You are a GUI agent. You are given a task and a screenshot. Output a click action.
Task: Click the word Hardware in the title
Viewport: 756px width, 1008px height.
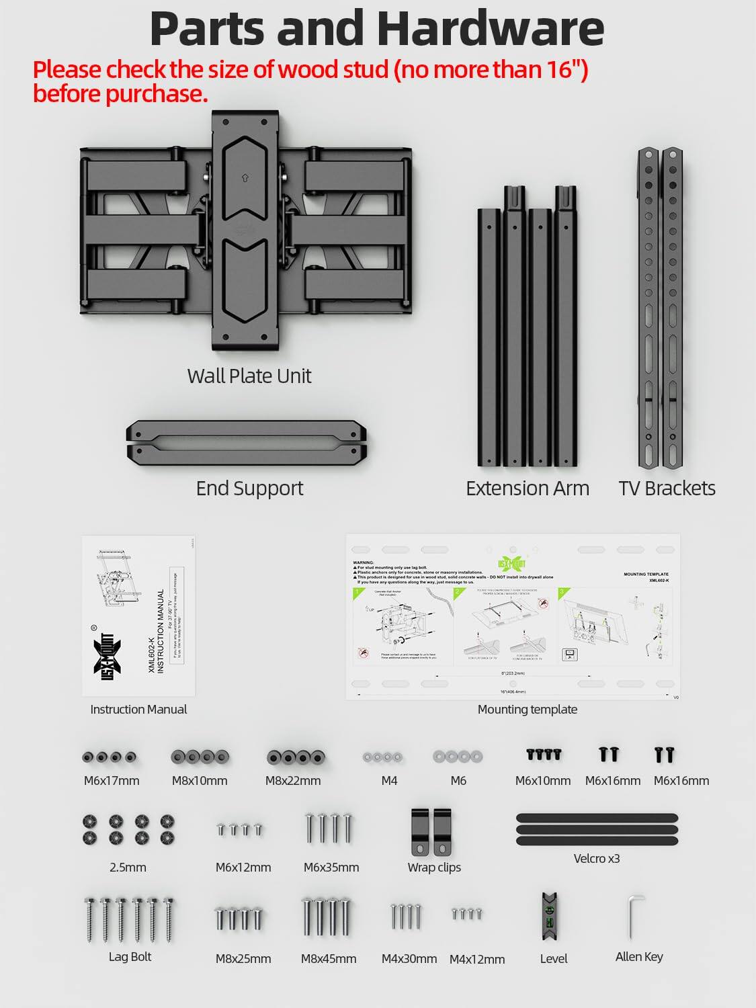click(490, 28)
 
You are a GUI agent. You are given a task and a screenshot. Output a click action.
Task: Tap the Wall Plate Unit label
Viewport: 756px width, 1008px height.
click(249, 376)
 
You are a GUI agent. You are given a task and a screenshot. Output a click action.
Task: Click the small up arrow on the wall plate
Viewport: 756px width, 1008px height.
click(245, 178)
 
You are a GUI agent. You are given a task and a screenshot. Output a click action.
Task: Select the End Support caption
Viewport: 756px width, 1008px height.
click(249, 489)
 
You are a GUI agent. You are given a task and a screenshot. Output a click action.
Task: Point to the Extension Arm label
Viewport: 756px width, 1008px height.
click(527, 489)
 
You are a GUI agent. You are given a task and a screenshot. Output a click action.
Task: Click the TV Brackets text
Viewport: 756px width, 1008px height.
click(667, 489)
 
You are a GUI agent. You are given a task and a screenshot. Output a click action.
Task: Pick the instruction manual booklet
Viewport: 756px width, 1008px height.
click(138, 616)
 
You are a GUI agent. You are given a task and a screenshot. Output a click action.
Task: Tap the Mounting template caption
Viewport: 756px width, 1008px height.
click(527, 710)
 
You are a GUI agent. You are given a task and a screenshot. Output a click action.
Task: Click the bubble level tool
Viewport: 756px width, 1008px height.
click(550, 917)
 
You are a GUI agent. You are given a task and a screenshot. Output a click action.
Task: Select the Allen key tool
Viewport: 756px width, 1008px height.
click(635, 916)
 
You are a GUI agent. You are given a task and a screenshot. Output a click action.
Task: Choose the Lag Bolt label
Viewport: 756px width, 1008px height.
click(130, 957)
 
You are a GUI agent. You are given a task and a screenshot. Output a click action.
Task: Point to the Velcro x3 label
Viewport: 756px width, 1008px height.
click(597, 859)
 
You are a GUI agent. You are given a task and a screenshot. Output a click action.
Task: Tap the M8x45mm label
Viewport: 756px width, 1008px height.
click(329, 959)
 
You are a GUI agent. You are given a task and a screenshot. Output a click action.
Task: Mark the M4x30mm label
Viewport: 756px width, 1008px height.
click(409, 959)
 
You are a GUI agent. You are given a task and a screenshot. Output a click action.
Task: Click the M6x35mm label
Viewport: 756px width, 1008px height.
click(331, 868)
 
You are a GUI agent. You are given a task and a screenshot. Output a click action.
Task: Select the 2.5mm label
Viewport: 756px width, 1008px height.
click(128, 868)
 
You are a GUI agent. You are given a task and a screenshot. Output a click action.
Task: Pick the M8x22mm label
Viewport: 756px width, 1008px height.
click(293, 781)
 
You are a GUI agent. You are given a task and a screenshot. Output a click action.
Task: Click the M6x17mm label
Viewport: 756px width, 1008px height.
click(112, 781)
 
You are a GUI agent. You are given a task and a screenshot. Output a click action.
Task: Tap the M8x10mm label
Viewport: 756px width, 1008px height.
click(200, 781)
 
